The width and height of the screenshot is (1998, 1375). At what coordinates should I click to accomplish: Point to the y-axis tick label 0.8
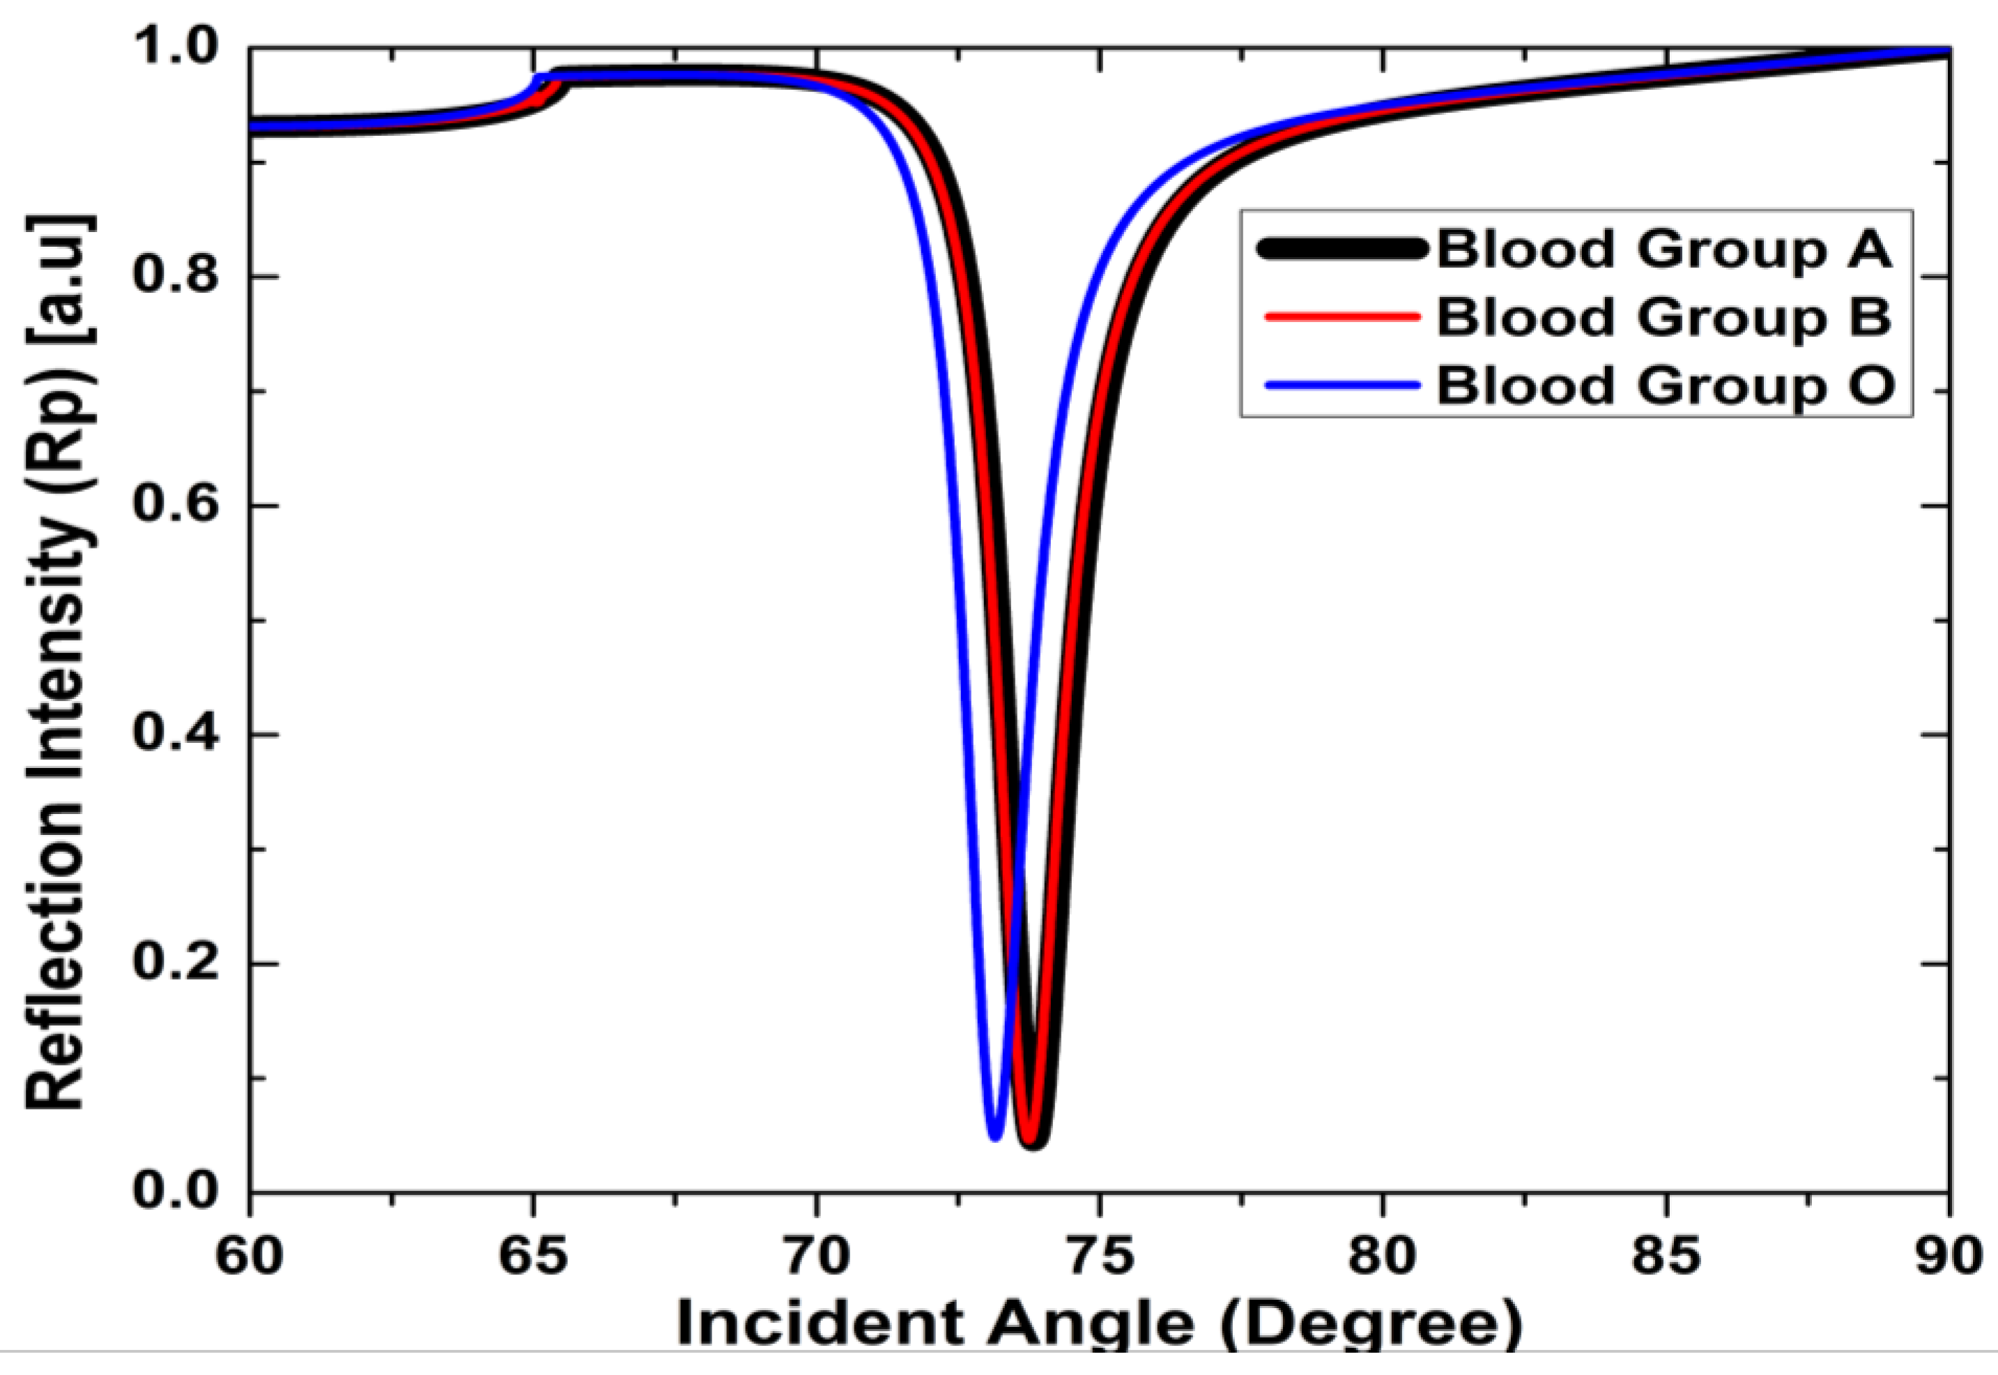coord(176,277)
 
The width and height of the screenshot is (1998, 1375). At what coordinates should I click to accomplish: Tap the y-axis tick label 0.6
coord(176,506)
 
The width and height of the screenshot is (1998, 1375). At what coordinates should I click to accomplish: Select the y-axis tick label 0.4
coord(176,735)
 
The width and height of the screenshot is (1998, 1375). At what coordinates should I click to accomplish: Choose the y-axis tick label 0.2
coord(176,964)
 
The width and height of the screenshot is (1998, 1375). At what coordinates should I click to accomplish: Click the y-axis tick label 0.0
coord(176,1192)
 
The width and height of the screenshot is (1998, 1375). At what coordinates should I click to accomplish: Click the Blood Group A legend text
coord(1663,250)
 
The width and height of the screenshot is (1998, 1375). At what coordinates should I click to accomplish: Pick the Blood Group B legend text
coord(1663,317)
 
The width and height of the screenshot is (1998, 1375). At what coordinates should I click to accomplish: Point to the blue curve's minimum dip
coord(995,1135)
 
